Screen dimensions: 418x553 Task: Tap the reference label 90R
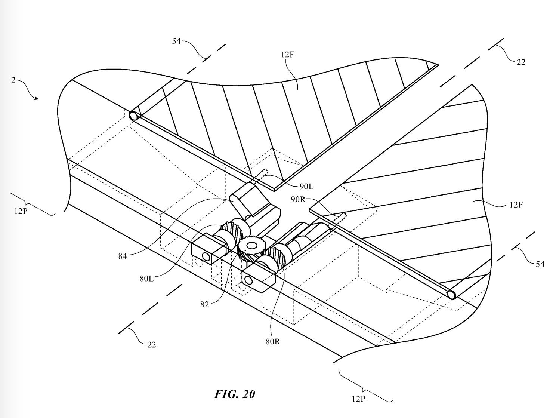coord(298,199)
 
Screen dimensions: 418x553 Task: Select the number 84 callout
coord(123,256)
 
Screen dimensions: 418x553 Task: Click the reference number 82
coord(204,304)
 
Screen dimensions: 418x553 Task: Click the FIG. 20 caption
coord(235,394)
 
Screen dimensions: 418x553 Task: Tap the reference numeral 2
coord(13,80)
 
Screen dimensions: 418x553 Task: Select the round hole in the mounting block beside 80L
coord(205,256)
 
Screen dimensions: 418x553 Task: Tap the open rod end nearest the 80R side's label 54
coord(451,295)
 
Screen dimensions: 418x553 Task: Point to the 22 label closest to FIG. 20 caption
coord(151,344)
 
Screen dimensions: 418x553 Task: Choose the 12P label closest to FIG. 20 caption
coord(358,399)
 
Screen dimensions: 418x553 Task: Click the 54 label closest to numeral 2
coord(176,41)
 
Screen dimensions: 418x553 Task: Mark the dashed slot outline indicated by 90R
coord(338,218)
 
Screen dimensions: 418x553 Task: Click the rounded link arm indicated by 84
coord(243,202)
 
